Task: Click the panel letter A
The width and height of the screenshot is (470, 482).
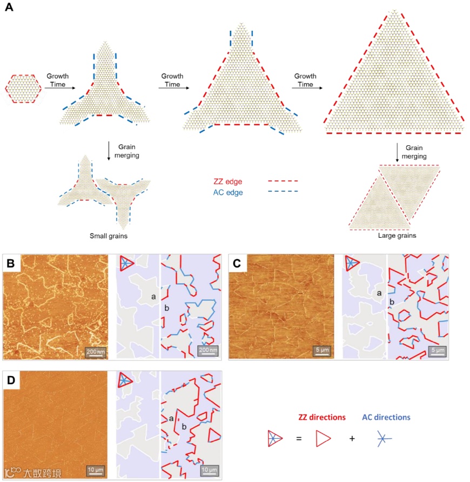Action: [9, 9]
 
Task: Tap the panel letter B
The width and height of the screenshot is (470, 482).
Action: [12, 264]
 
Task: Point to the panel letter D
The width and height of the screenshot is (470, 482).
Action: [12, 380]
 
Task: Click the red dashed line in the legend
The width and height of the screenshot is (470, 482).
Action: [283, 182]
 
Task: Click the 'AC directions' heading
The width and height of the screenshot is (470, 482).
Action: [385, 417]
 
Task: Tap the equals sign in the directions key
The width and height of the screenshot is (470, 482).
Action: [298, 439]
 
